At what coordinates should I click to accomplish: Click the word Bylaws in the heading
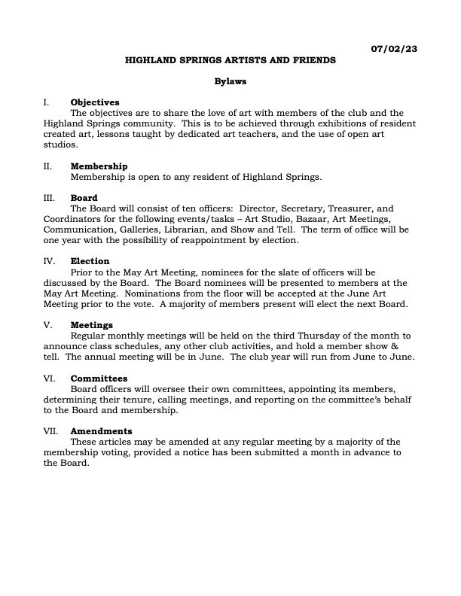230,81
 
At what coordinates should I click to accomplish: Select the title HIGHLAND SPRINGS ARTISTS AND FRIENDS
230,59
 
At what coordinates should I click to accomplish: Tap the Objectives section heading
95,102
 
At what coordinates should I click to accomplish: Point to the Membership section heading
99,166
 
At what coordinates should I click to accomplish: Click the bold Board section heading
84,198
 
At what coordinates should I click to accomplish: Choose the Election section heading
90,261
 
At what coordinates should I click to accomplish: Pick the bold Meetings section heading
92,325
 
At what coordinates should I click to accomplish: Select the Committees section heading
99,379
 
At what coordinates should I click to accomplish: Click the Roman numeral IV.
49,261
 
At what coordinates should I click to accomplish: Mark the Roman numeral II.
47,166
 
